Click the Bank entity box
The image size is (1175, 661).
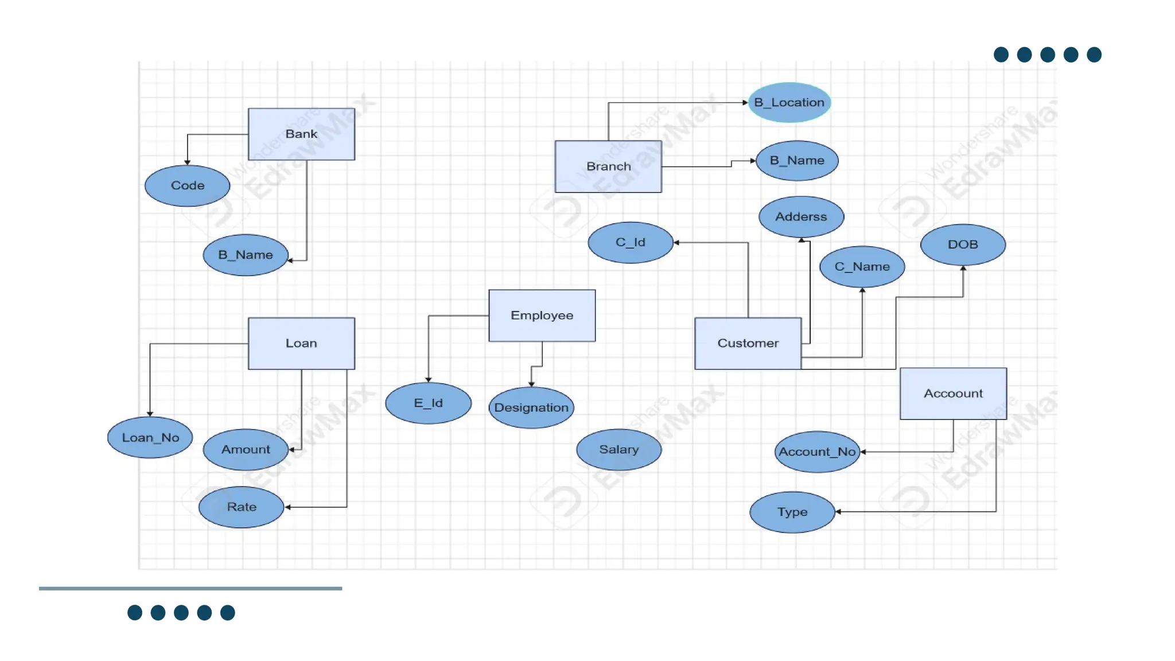point(301,134)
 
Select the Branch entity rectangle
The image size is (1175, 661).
point(608,166)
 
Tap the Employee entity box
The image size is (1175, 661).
point(542,316)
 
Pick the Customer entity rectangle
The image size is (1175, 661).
point(748,343)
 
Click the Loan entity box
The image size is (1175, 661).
point(301,343)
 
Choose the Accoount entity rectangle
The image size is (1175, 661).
point(953,394)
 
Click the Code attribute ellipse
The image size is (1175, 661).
point(187,186)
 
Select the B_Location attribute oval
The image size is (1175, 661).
point(789,103)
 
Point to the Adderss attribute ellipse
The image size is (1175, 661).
point(801,217)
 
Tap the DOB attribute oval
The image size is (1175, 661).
point(963,244)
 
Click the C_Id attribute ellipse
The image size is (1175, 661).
point(630,243)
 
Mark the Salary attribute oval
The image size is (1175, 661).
point(618,450)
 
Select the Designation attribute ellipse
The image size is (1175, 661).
point(531,408)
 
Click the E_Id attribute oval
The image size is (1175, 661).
point(428,403)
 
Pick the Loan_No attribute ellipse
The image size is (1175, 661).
point(150,438)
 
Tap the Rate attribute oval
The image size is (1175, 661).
point(242,507)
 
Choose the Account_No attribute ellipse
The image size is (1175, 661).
point(817,452)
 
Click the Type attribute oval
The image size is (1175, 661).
point(792,512)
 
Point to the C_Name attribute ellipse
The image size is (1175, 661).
point(862,267)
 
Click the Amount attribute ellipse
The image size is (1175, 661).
point(246,450)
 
